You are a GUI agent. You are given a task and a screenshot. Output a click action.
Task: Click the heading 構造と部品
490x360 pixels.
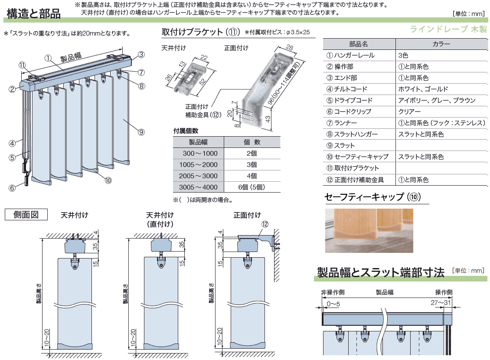click(x=33, y=14)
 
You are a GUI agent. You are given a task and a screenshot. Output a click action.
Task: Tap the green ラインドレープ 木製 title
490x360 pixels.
click(x=448, y=29)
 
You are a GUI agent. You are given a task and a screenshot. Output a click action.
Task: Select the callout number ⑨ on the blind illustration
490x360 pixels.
click(x=141, y=132)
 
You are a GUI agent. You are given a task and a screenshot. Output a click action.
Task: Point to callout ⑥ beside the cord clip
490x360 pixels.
click(x=12, y=188)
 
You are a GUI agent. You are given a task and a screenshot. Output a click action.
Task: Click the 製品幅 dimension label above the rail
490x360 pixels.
click(x=71, y=57)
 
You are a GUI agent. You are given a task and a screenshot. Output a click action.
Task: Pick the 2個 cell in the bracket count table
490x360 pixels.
click(x=252, y=154)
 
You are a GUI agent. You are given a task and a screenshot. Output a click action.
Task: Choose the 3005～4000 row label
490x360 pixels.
click(x=198, y=187)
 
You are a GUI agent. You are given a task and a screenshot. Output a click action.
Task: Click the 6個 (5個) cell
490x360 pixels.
click(x=252, y=187)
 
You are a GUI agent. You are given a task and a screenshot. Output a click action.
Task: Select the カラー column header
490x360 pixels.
click(x=441, y=44)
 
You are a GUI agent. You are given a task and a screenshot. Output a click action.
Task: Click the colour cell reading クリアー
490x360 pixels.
click(x=409, y=111)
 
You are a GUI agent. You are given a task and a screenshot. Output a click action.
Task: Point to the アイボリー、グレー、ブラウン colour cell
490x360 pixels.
click(x=437, y=100)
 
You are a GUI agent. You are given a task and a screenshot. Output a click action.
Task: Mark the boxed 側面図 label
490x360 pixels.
click(x=26, y=215)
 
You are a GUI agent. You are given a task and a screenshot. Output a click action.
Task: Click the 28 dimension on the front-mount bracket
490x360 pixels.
click(x=290, y=48)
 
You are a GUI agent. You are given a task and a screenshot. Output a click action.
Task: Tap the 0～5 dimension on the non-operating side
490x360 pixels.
click(x=333, y=304)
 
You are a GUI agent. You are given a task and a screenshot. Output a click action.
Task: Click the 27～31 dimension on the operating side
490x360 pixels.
click(x=441, y=302)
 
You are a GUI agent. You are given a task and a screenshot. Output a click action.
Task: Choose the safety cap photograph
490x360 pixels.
click(x=369, y=231)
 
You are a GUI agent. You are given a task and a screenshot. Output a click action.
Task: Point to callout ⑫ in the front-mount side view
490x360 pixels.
click(x=265, y=224)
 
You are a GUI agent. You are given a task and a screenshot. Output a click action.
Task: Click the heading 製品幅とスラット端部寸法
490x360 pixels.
click(x=381, y=272)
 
